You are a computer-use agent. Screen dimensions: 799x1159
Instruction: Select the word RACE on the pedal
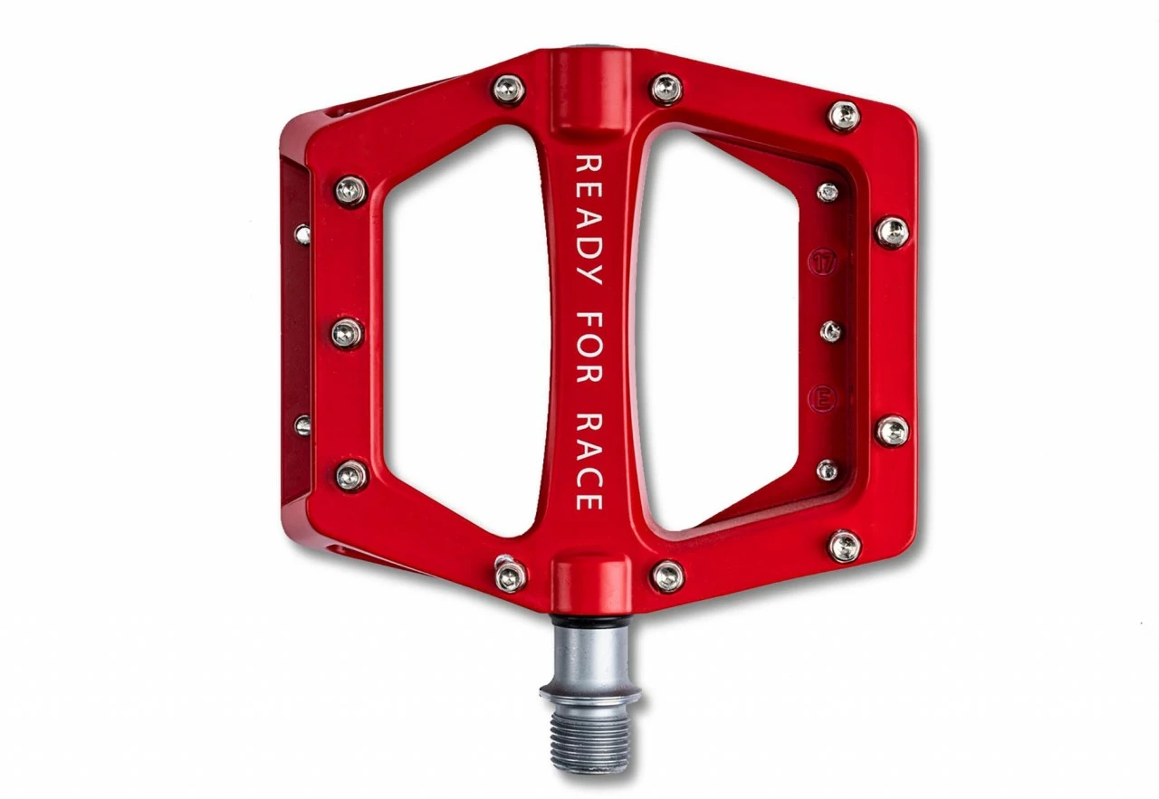pyautogui.click(x=589, y=461)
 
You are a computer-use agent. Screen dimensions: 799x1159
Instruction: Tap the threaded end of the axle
pyautogui.click(x=590, y=737)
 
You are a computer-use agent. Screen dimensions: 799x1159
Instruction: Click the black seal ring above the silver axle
pyautogui.click(x=590, y=623)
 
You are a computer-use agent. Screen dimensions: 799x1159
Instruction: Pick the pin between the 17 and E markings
pyautogui.click(x=830, y=331)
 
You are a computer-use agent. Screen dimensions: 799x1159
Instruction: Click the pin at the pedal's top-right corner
pyautogui.click(x=844, y=115)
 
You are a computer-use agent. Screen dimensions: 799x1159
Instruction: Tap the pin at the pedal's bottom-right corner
pyautogui.click(x=844, y=546)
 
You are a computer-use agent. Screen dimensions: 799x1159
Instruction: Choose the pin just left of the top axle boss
pyautogui.click(x=509, y=89)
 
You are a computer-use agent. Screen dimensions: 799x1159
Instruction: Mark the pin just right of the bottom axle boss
pyautogui.click(x=668, y=575)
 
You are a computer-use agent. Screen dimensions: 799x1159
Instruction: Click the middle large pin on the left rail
pyautogui.click(x=348, y=333)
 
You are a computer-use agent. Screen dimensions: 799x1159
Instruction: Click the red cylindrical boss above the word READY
pyautogui.click(x=590, y=90)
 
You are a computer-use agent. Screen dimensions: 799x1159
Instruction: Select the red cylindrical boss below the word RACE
pyautogui.click(x=590, y=579)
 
